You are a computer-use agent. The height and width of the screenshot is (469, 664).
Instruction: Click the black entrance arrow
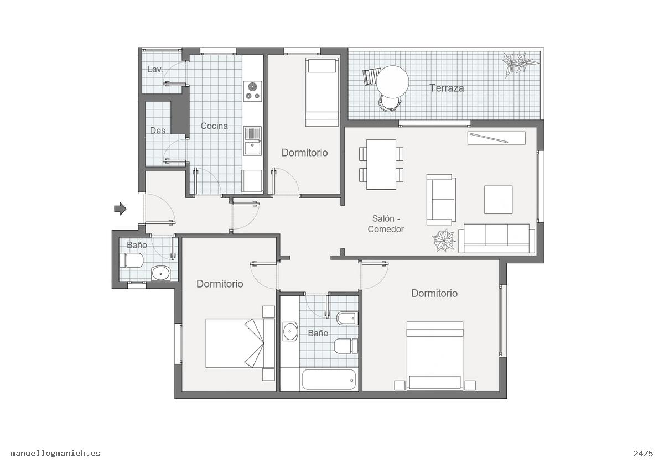pyautogui.click(x=121, y=209)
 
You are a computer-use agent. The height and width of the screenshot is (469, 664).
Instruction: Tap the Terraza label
pyautogui.click(x=447, y=88)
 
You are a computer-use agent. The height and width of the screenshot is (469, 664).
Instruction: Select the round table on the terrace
pyautogui.click(x=392, y=82)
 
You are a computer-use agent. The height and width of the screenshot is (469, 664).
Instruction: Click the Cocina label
pyautogui.click(x=214, y=126)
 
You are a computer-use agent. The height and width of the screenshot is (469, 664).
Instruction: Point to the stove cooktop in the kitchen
pyautogui.click(x=252, y=91)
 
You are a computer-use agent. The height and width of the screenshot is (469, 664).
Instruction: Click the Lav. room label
pyautogui.click(x=155, y=69)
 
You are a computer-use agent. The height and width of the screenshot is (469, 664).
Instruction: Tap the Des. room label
pyautogui.click(x=159, y=131)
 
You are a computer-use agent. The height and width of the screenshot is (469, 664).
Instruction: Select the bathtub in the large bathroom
pyautogui.click(x=329, y=379)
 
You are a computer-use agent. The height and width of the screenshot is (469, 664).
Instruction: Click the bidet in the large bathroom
pyautogui.click(x=347, y=318)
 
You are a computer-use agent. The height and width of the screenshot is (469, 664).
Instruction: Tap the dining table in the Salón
pyautogui.click(x=381, y=164)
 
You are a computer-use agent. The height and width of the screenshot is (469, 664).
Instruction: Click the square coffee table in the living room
pyautogui.click(x=499, y=200)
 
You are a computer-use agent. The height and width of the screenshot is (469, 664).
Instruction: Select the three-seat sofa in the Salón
pyautogui.click(x=496, y=238)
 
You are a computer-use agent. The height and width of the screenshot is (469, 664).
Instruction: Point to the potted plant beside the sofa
pyautogui.click(x=444, y=240)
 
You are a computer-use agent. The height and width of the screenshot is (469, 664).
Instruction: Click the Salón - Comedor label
pyautogui.click(x=386, y=223)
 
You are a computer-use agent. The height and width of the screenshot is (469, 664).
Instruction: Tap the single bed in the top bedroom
pyautogui.click(x=322, y=92)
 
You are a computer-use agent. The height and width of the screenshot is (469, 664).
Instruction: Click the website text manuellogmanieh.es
pyautogui.click(x=56, y=454)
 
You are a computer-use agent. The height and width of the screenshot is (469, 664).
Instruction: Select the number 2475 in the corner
pyautogui.click(x=643, y=454)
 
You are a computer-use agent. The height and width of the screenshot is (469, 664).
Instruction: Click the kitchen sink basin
pyautogui.click(x=252, y=148)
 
